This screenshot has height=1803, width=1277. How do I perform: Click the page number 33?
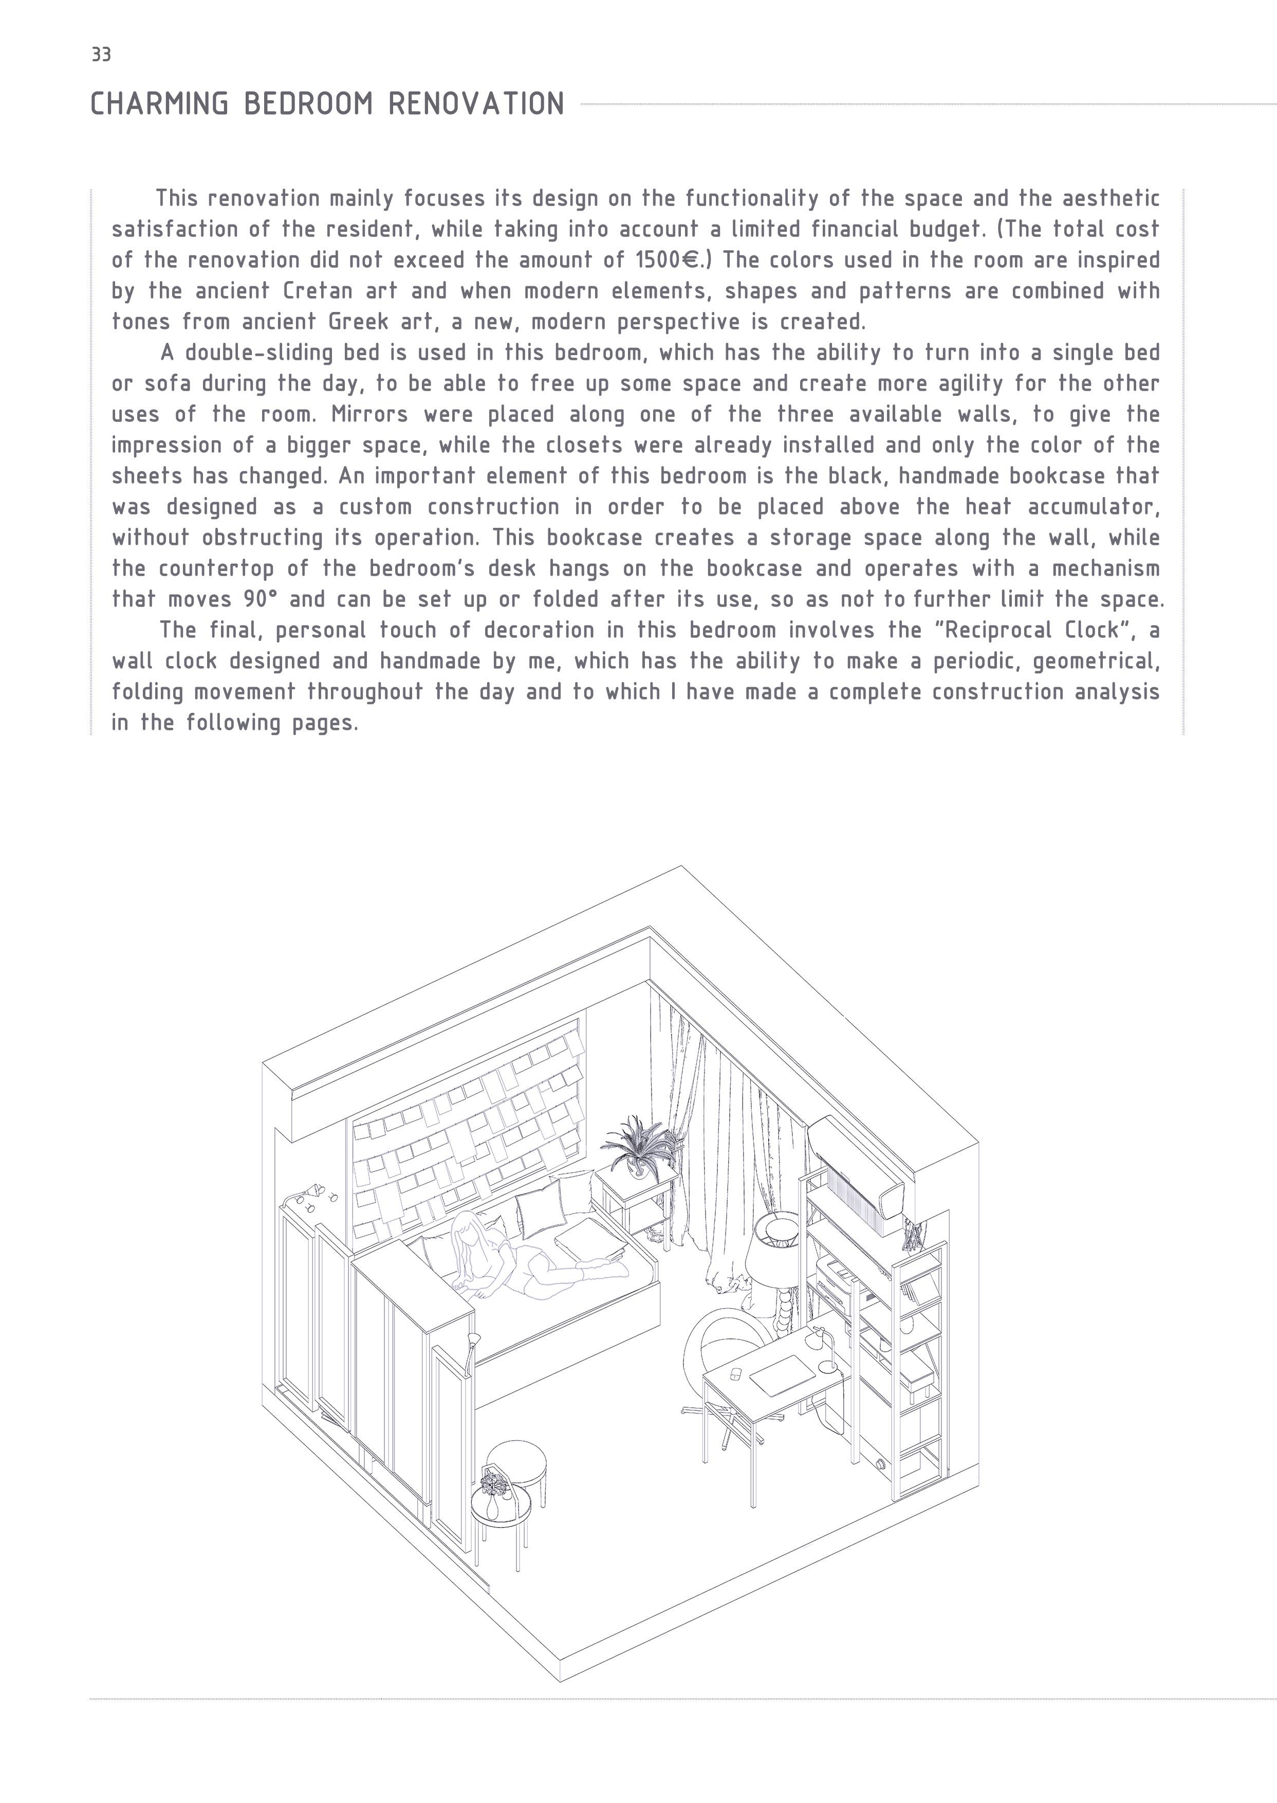point(101,54)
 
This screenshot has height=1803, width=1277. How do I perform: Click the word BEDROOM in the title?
point(308,104)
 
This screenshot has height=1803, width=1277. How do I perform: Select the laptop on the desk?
point(783,1373)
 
